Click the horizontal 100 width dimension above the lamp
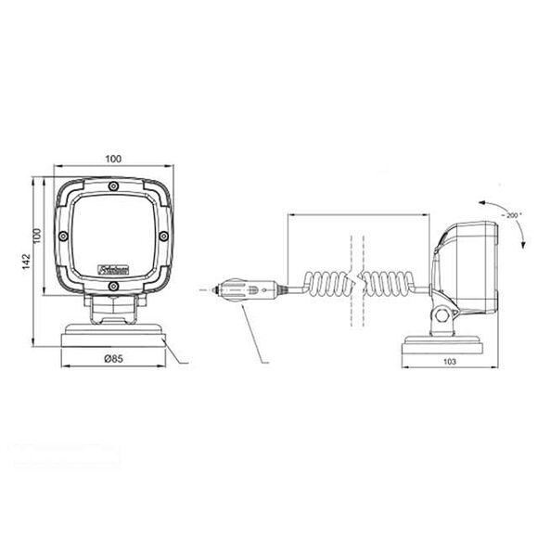point(113,160)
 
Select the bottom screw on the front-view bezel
point(112,288)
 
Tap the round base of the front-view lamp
point(112,335)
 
